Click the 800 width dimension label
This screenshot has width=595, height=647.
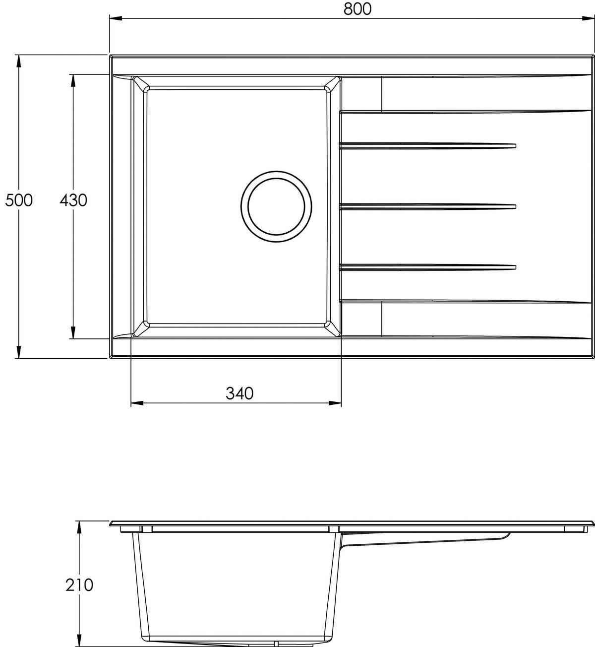click(x=357, y=9)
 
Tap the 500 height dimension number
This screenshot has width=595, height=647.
click(x=19, y=200)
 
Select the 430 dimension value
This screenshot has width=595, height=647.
click(x=73, y=200)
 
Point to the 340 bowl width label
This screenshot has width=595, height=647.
click(x=239, y=393)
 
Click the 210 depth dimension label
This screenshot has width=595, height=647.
click(x=79, y=585)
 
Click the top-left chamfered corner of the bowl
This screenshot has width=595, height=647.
click(x=139, y=84)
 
